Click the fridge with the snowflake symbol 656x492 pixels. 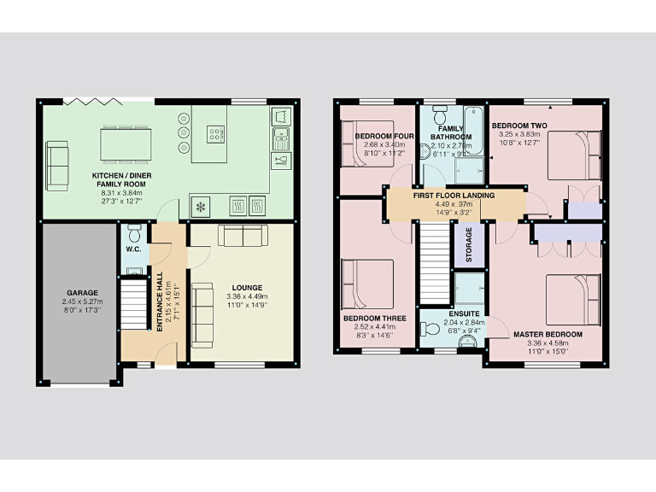pyautogui.click(x=202, y=207)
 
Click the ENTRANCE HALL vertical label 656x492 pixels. pyautogui.click(x=160, y=302)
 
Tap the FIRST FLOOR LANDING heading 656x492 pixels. pyautogui.click(x=452, y=196)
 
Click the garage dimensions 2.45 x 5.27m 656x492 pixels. pyautogui.click(x=81, y=302)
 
